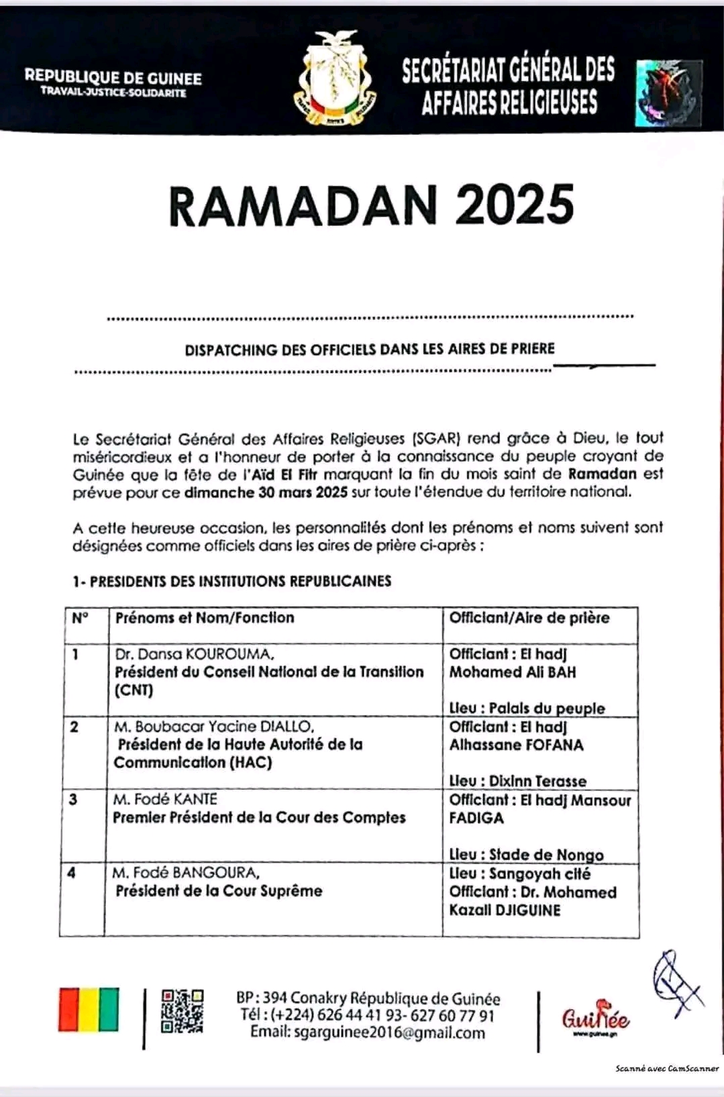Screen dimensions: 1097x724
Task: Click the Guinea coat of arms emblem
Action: tap(335, 79)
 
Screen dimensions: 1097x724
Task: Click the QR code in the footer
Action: tap(182, 1011)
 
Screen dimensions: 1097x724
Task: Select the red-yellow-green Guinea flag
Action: tap(89, 1009)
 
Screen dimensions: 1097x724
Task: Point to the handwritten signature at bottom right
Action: tap(675, 982)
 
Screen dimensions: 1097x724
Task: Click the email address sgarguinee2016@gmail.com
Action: tap(367, 1033)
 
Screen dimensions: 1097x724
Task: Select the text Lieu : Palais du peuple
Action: tap(527, 708)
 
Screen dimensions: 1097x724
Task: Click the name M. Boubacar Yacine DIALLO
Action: tap(213, 726)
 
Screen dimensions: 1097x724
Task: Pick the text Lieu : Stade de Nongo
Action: tap(526, 854)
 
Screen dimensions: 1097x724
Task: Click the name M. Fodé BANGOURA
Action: tap(186, 872)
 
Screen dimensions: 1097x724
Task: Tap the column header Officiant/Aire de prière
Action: tap(529, 617)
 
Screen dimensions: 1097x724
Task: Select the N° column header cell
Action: tap(81, 617)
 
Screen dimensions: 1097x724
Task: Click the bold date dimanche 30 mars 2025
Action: tap(266, 492)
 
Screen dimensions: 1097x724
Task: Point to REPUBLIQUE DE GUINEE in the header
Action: tap(113, 77)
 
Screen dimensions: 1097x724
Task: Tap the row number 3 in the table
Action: tap(73, 799)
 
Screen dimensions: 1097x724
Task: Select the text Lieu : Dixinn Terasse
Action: tap(517, 781)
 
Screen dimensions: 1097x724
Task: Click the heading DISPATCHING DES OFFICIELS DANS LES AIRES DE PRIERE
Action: tap(370, 349)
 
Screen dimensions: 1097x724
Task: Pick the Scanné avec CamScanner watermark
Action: tap(666, 1068)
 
